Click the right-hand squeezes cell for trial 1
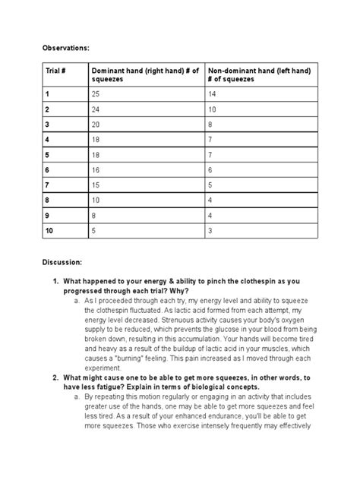(96, 94)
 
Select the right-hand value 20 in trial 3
(96, 123)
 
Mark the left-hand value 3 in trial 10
(210, 230)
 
